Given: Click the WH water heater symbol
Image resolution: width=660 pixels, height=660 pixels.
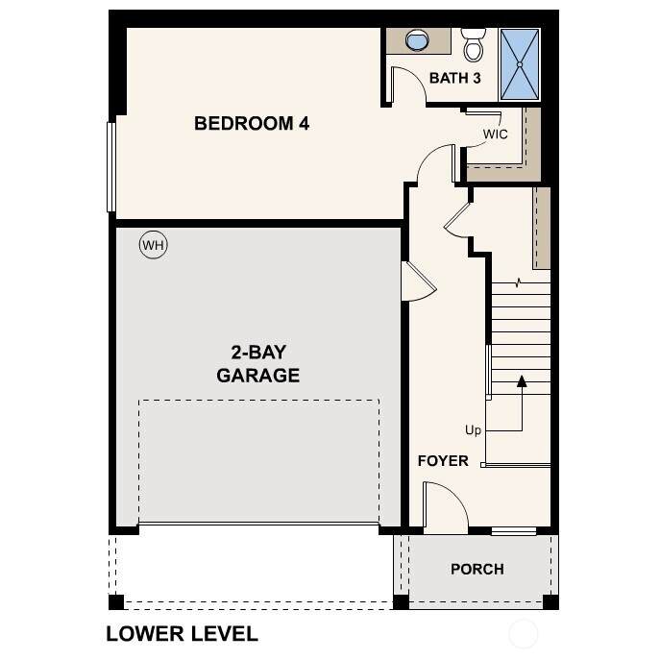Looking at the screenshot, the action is click(153, 245).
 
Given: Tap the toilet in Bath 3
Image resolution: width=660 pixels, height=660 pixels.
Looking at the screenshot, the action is click(474, 44).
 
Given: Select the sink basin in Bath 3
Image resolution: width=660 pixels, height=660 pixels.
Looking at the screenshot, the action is click(417, 40).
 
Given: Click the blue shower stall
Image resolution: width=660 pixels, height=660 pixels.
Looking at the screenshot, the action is click(520, 64).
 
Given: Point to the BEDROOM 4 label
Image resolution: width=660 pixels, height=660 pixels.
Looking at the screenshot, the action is click(252, 123).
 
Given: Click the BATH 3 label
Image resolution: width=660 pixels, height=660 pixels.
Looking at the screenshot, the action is click(455, 78).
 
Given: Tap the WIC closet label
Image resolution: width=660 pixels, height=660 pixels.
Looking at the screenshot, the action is click(495, 134).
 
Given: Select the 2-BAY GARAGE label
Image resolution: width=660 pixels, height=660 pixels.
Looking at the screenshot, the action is click(258, 364).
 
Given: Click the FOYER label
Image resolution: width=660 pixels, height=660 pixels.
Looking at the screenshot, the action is click(443, 461).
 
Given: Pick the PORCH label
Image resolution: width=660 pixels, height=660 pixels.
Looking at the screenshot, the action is click(477, 569).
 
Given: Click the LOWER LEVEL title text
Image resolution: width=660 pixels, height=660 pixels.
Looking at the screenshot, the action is click(182, 634).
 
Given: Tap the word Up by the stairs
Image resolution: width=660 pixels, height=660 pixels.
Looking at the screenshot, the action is click(473, 430).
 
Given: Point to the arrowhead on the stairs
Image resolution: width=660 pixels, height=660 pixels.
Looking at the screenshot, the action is click(522, 381).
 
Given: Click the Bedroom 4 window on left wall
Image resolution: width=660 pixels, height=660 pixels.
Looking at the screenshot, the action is click(111, 167).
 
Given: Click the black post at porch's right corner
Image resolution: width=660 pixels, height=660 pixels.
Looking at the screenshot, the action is click(551, 602).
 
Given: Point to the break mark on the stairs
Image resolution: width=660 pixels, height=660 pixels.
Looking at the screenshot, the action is click(518, 282).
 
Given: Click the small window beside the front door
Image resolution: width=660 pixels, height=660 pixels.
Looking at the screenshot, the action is click(514, 530).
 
